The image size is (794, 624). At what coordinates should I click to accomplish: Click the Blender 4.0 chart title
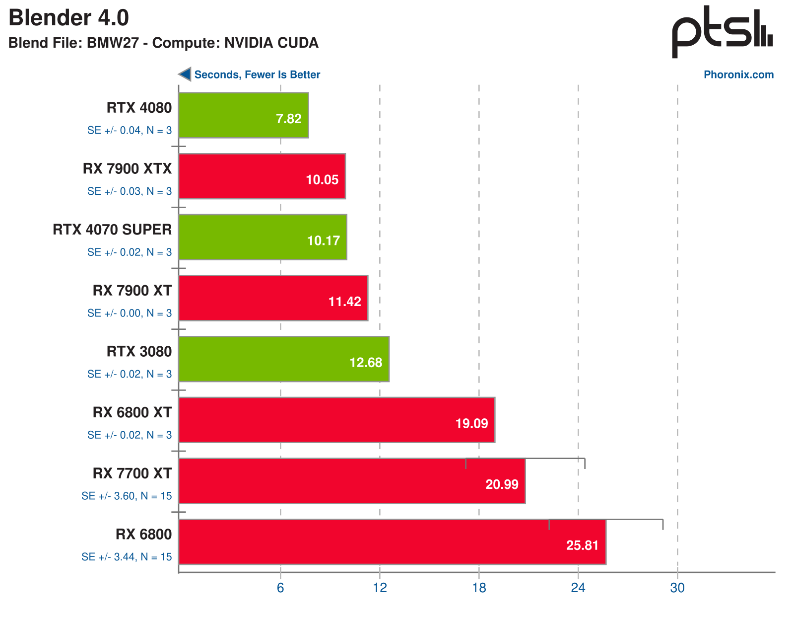68,18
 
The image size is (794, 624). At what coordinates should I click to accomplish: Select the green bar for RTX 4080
243,115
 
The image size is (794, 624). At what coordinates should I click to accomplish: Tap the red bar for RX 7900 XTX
262,176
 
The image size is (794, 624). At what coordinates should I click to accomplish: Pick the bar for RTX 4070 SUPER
263,237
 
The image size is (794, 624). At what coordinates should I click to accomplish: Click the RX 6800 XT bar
336,420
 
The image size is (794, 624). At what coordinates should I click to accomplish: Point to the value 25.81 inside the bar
582,546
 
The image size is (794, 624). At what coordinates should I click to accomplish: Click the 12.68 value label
366,363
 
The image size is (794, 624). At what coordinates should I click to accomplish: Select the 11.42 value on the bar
344,302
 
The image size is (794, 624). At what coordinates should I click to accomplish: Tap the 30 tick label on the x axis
677,588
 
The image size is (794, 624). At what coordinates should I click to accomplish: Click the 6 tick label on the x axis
280,588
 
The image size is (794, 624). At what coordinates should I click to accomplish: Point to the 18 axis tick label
479,588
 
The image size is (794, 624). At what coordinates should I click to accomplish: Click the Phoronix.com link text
738,75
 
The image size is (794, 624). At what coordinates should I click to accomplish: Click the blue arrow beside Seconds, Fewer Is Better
185,74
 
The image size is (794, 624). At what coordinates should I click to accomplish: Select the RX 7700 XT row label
132,473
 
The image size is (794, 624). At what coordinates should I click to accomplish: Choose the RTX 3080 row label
139,352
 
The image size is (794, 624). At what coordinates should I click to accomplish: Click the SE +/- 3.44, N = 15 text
127,557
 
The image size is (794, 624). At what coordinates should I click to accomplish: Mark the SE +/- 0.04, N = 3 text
130,130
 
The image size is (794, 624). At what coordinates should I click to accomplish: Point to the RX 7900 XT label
132,291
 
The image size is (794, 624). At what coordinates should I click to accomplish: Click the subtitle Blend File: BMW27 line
163,43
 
